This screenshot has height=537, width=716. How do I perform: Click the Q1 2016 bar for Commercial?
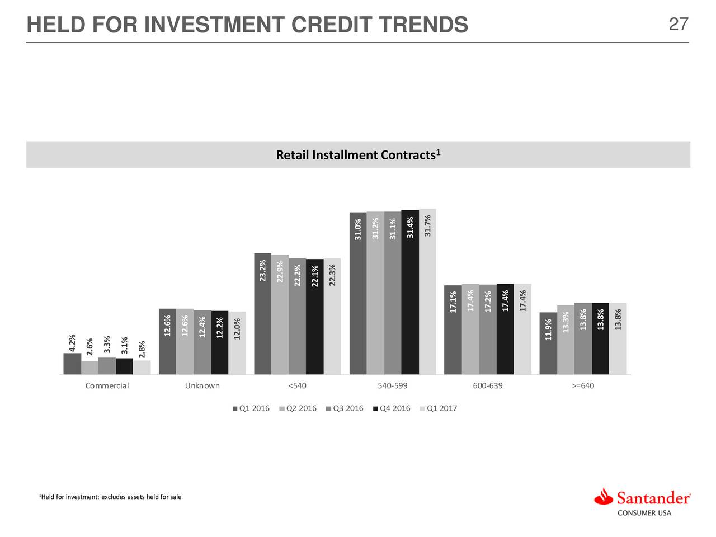coord(72,364)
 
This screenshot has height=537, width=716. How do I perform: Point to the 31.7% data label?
coord(428,225)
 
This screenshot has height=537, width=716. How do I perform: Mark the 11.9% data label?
coord(548,329)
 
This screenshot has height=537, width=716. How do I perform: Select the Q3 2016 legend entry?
coord(344,408)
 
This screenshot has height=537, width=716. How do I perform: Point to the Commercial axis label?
coord(107,385)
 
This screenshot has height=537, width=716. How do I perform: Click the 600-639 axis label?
coord(488,385)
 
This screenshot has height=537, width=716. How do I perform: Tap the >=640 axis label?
coord(583,385)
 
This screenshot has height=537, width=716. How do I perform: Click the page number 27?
coord(679,25)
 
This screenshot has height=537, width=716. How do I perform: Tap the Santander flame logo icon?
coord(604,496)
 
